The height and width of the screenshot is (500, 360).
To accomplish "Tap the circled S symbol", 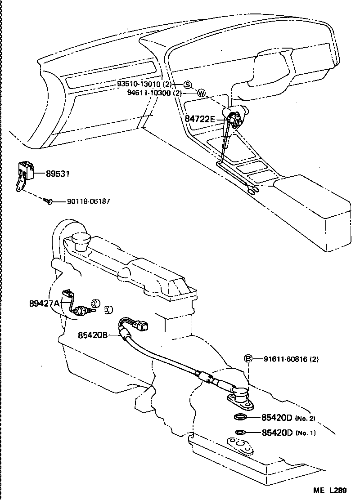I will tap(187, 85).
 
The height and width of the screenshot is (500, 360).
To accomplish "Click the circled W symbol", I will tap(201, 94).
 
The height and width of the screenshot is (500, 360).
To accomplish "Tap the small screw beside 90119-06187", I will tap(49, 202).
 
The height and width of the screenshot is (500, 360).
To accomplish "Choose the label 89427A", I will tap(45, 304).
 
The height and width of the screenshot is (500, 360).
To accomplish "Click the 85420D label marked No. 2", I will tap(277, 417).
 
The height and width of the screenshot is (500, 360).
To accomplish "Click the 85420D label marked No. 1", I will tap(277, 433).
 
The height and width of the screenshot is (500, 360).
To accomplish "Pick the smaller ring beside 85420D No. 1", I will tap(240, 433).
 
